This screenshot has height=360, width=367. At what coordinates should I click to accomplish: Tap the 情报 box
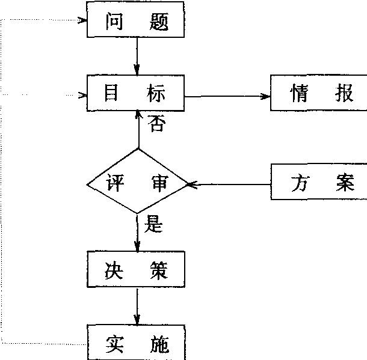pyautogui.click(x=319, y=94)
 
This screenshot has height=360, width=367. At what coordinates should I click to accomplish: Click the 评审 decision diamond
pyautogui.click(x=138, y=182)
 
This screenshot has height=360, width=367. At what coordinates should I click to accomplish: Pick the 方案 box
pyautogui.click(x=319, y=183)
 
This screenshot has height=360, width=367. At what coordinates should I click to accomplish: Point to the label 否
pyautogui.click(x=156, y=124)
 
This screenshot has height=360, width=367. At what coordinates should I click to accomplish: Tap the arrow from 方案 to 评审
pyautogui.click(x=229, y=184)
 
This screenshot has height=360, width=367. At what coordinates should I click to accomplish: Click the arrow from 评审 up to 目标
pyautogui.click(x=138, y=129)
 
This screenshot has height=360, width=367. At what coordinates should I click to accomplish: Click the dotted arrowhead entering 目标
pyautogui.click(x=82, y=94)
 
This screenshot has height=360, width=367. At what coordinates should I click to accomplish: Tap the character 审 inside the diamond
pyautogui.click(x=159, y=182)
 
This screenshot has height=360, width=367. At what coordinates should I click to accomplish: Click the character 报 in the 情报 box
pyautogui.click(x=345, y=94)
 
